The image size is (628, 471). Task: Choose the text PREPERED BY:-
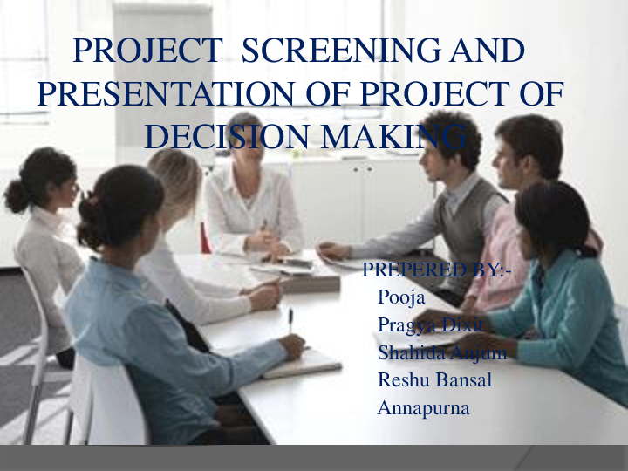coord(436,271)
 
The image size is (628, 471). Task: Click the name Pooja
coord(400,297)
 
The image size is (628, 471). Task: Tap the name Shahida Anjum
coord(441,352)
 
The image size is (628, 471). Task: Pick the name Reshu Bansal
coord(434,380)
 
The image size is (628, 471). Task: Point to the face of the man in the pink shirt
coord(510,161)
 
